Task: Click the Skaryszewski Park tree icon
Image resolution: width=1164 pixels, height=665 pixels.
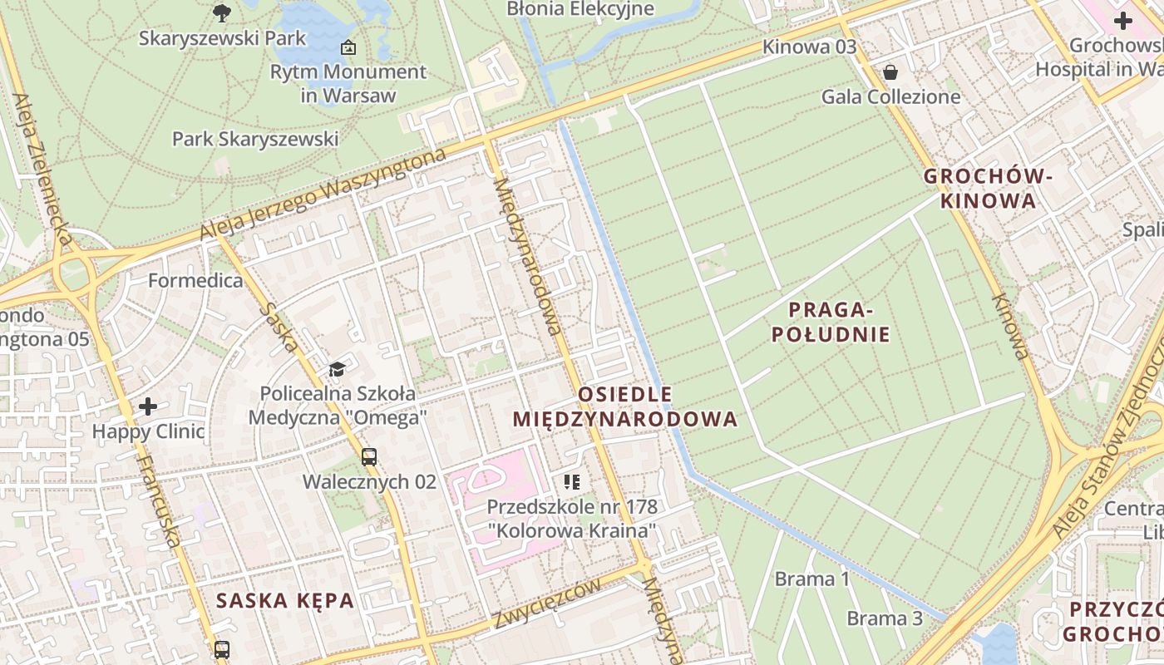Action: [x=222, y=12]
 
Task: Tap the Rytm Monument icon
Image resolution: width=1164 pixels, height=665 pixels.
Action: [x=348, y=47]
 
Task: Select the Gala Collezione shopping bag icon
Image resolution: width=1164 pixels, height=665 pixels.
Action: [x=890, y=72]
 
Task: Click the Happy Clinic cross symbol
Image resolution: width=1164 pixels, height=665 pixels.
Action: [x=148, y=406]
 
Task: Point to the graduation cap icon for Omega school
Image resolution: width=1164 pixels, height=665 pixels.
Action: [x=337, y=369]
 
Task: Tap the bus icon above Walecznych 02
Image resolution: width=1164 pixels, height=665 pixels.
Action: [x=369, y=456]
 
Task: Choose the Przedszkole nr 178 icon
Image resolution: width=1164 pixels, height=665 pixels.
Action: [x=571, y=481]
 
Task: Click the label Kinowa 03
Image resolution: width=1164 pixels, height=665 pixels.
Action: [x=809, y=47]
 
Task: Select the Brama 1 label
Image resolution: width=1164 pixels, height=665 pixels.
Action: [x=812, y=579]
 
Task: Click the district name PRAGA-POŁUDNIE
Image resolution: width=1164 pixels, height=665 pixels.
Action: [x=831, y=323]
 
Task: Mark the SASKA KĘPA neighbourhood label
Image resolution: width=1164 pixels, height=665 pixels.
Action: [x=285, y=600]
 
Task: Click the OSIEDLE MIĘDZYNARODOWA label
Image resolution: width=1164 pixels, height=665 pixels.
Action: [x=624, y=406]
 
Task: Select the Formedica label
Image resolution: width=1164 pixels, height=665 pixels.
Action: [x=195, y=280]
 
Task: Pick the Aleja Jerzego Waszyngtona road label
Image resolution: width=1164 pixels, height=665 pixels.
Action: [x=323, y=195]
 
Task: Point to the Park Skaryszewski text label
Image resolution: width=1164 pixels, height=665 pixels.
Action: [x=255, y=139]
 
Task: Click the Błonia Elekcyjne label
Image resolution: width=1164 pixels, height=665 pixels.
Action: [x=580, y=9]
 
